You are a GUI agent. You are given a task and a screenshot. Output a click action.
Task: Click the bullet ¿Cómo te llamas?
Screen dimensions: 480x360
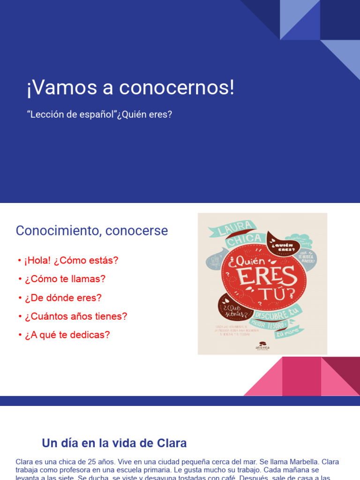pyautogui.click(x=65, y=279)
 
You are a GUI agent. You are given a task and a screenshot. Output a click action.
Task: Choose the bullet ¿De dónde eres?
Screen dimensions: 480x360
pyautogui.click(x=63, y=298)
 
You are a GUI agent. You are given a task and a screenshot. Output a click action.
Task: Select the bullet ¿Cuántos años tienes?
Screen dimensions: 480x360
pyautogui.click(x=75, y=316)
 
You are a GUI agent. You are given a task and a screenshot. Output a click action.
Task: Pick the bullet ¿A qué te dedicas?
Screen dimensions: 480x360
pyautogui.click(x=67, y=335)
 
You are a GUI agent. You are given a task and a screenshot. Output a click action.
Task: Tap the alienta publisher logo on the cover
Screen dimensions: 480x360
pyautogui.click(x=262, y=346)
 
